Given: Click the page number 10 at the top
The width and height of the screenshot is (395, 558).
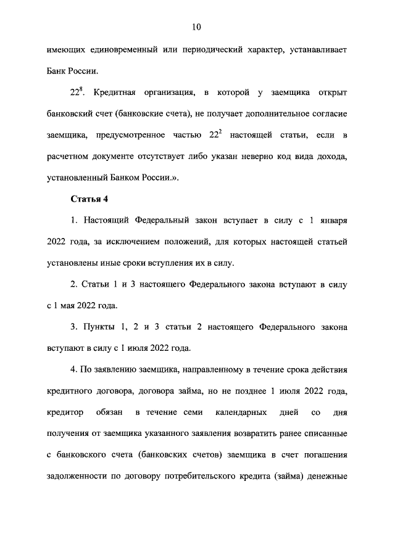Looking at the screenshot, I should click(196, 27).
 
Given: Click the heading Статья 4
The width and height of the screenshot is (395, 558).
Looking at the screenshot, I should click(90, 200).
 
